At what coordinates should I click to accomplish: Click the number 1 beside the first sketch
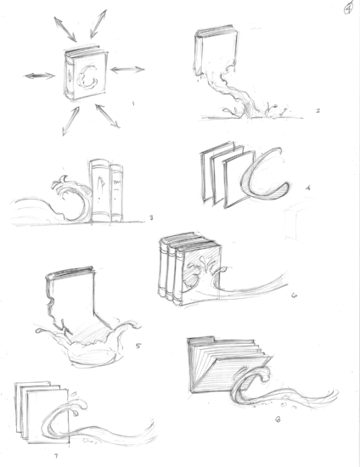[x=133, y=104]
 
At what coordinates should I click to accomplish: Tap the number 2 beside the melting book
[x=293, y=111]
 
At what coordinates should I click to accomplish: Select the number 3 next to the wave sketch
[x=151, y=217]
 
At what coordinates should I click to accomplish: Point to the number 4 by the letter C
[x=308, y=187]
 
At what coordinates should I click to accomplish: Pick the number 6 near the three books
[x=293, y=296]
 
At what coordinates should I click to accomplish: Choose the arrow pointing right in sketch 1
[x=127, y=69]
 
